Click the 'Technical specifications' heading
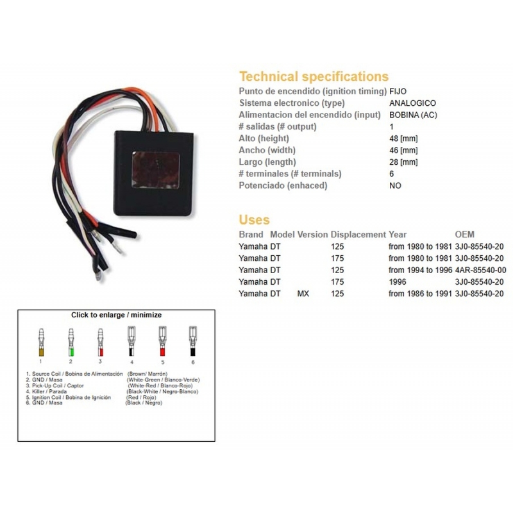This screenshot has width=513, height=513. (x=314, y=76)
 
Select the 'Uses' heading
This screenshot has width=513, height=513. (x=254, y=219)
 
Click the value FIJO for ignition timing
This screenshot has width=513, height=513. (x=398, y=91)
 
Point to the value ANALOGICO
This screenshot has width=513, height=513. (x=412, y=103)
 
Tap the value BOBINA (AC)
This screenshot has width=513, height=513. (x=413, y=115)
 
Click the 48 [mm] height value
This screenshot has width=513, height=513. (x=403, y=139)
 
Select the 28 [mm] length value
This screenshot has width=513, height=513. (x=403, y=162)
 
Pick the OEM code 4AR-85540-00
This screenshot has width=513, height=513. (x=480, y=270)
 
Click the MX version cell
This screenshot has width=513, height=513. (x=303, y=294)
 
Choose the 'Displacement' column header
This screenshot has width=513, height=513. (x=358, y=235)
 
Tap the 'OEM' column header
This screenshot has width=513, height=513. (x=464, y=235)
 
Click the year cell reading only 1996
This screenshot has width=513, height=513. (x=397, y=282)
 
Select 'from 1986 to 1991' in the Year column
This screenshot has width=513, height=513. (x=420, y=294)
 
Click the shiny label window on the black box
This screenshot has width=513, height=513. (x=156, y=170)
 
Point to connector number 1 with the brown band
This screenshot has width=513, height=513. (x=41, y=342)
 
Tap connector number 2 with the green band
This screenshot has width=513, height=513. (x=71, y=342)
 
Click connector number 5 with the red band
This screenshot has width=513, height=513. (x=162, y=341)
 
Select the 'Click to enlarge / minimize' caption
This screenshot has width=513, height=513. (x=117, y=315)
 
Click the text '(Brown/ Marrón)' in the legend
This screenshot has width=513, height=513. (x=147, y=374)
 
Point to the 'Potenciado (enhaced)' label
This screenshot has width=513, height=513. (x=283, y=185)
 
